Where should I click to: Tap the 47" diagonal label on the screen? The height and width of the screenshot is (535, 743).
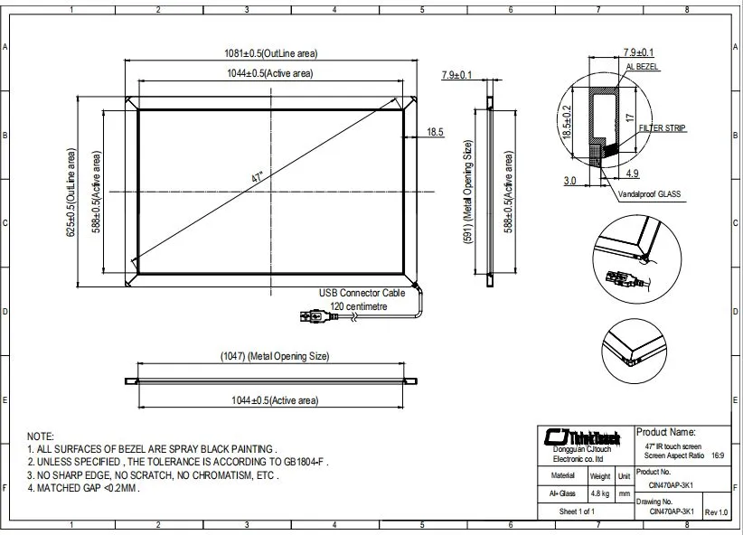[258, 178]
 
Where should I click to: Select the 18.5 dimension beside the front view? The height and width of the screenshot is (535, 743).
[435, 132]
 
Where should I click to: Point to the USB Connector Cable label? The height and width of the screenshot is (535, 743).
[362, 294]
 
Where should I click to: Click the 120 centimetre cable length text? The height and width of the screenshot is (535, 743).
[359, 306]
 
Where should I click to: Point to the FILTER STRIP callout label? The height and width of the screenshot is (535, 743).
[663, 129]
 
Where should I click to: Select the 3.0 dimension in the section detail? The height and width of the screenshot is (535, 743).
[569, 181]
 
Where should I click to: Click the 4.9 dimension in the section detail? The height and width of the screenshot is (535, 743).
[632, 173]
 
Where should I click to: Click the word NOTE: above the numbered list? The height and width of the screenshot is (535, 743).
[41, 436]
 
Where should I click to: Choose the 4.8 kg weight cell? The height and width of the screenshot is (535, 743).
[599, 493]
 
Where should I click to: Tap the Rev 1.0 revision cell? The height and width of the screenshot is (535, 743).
[716, 512]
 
